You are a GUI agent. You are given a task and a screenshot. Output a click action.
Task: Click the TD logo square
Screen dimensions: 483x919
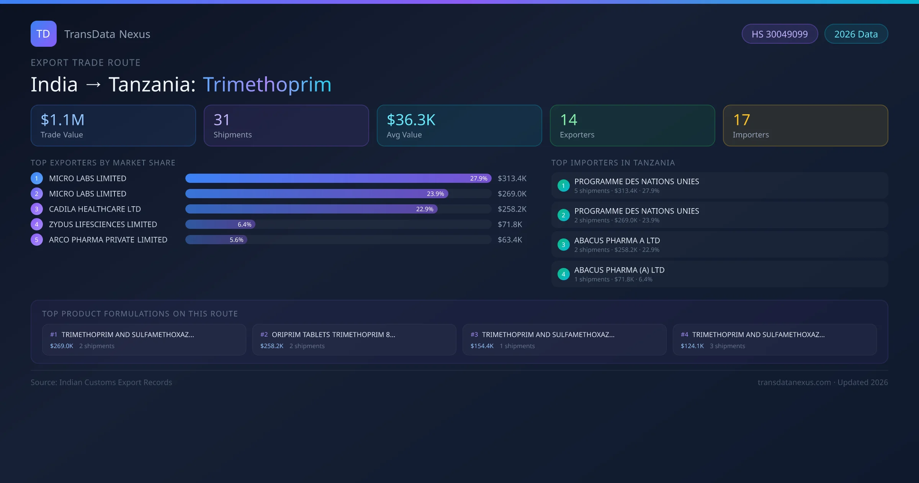point(44,34)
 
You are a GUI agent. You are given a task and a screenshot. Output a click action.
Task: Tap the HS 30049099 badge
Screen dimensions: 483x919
point(780,34)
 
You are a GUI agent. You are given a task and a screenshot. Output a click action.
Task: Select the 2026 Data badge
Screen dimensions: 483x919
point(856,34)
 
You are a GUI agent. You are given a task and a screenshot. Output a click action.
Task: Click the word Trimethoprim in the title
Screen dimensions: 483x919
point(267,84)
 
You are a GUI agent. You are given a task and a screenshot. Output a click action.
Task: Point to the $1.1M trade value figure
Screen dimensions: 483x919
point(62,120)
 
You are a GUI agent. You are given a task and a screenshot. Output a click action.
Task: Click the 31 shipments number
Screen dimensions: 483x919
point(222,120)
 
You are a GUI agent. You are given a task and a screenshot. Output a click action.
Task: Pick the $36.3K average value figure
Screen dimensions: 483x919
point(411,120)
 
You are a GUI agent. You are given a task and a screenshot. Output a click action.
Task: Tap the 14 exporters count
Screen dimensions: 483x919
point(569,120)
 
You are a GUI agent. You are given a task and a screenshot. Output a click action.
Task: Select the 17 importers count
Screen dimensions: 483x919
point(741,120)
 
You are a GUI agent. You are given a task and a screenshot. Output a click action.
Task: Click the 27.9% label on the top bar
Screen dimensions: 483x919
point(479,178)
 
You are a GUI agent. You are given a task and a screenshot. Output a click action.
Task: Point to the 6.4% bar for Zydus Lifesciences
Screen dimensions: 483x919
point(220,224)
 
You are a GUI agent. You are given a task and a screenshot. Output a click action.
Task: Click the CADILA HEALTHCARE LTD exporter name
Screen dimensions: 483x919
point(95,209)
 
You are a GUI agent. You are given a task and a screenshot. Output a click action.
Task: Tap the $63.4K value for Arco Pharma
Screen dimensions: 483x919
point(510,240)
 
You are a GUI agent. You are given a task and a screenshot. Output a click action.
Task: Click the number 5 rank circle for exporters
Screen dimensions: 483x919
point(37,240)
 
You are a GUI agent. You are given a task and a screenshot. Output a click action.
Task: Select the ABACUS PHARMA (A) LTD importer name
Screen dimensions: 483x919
point(619,270)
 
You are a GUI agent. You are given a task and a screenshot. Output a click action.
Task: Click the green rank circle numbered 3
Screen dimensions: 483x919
point(563,245)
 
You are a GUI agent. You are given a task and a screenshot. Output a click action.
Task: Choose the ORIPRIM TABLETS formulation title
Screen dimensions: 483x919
point(333,335)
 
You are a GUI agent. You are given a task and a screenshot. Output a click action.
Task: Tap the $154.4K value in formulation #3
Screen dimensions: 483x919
point(482,346)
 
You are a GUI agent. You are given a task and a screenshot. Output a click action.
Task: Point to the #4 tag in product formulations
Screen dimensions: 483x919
point(684,335)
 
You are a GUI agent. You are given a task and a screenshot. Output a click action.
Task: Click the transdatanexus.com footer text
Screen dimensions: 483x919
point(794,382)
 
